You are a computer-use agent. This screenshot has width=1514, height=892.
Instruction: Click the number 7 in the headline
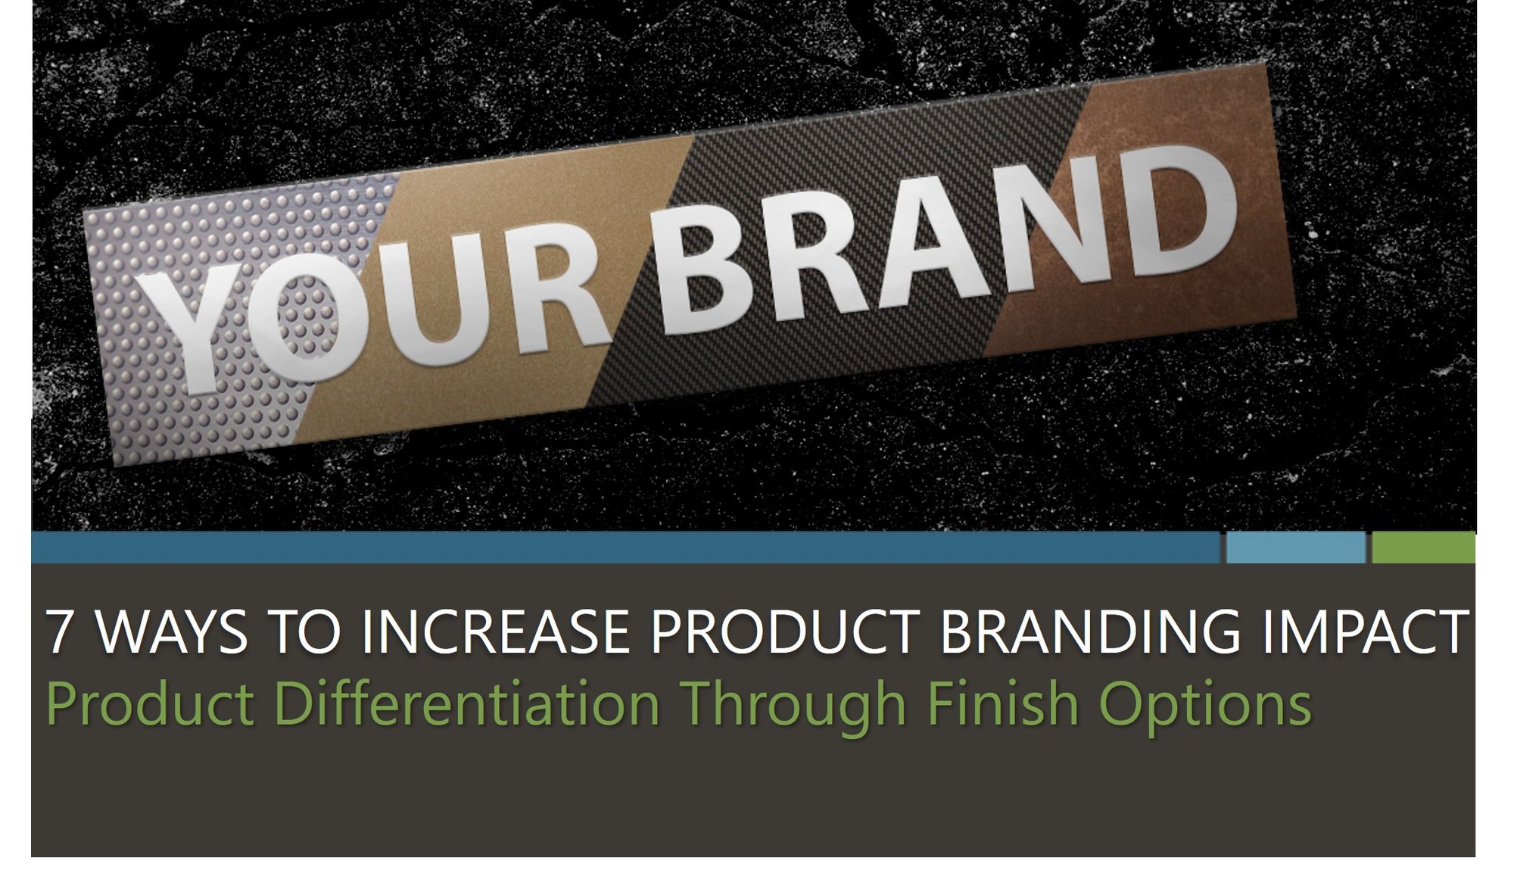coord(60,632)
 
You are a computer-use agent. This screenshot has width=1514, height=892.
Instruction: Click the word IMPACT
coord(1364,632)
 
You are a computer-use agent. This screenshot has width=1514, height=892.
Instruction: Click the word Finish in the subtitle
coord(1002,703)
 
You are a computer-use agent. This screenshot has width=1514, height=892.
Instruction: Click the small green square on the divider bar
coord(1423,547)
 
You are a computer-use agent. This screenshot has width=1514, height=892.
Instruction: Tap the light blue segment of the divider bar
coord(1295,547)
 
